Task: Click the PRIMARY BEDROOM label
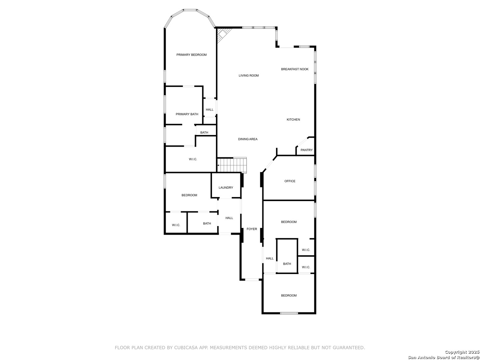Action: tap(191, 55)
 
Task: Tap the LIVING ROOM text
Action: tap(249, 76)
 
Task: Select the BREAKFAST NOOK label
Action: tap(295, 69)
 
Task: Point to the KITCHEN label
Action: tap(293, 120)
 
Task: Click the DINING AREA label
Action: tap(248, 139)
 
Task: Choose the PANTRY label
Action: tap(306, 150)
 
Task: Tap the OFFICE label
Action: tap(290, 181)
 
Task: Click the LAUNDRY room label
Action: tap(226, 188)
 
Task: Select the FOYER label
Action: tap(252, 229)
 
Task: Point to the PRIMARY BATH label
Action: tap(187, 114)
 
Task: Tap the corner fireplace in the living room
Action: tap(222, 34)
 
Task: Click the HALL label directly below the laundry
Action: tap(229, 218)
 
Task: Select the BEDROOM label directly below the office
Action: tap(289, 222)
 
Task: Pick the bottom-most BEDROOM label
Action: tap(289, 296)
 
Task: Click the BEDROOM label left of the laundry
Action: tap(189, 195)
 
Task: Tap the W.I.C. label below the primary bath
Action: tap(193, 159)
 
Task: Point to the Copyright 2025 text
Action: tap(462, 352)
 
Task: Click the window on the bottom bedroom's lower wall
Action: tap(289, 313)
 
